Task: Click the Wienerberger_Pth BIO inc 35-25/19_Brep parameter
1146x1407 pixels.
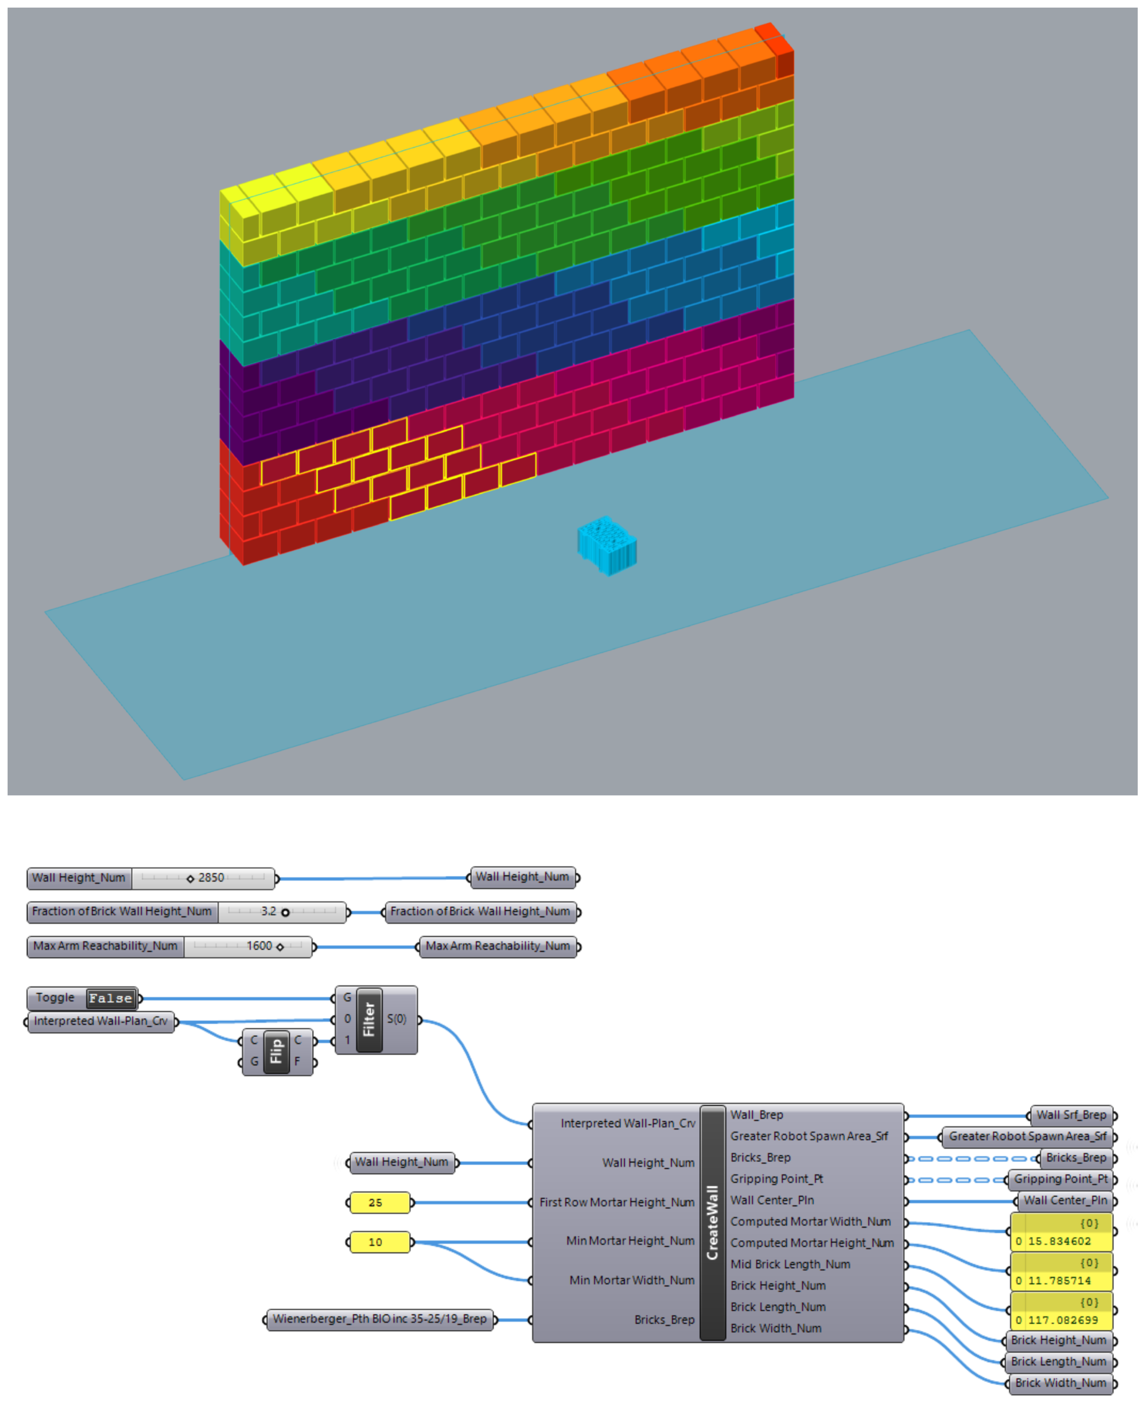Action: tap(380, 1319)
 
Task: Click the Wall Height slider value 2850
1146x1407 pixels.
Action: tap(211, 877)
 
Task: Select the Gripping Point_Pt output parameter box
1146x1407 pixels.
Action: tap(1060, 1179)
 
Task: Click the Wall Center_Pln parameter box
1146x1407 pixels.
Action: tap(1065, 1200)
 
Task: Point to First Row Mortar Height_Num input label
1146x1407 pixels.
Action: tap(616, 1202)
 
